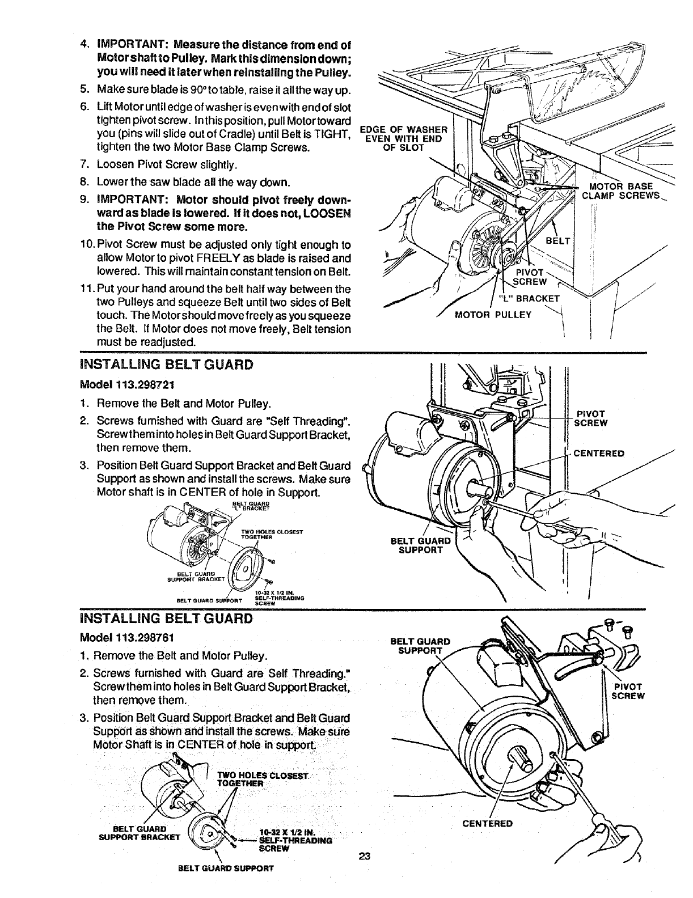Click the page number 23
pos(364,856)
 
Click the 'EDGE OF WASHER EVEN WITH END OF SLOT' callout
pos(403,137)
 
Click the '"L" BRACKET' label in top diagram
pos(529,299)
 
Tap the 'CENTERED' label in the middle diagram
pos(599,453)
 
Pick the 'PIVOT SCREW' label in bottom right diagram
pos(628,691)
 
